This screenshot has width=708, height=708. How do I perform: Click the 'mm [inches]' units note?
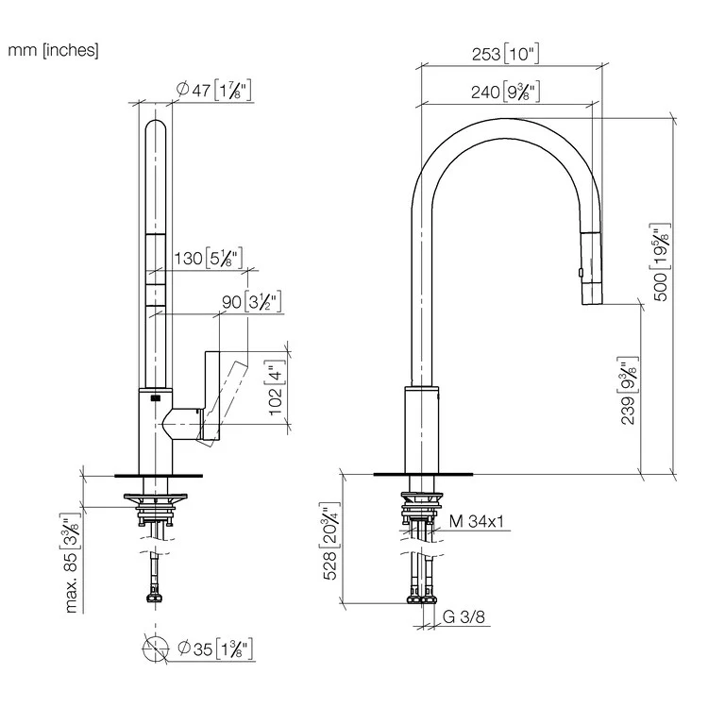pyautogui.click(x=53, y=50)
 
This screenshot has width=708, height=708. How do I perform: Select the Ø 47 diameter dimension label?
pyautogui.click(x=214, y=91)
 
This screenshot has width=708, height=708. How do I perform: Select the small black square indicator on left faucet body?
pyautogui.click(x=146, y=400)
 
